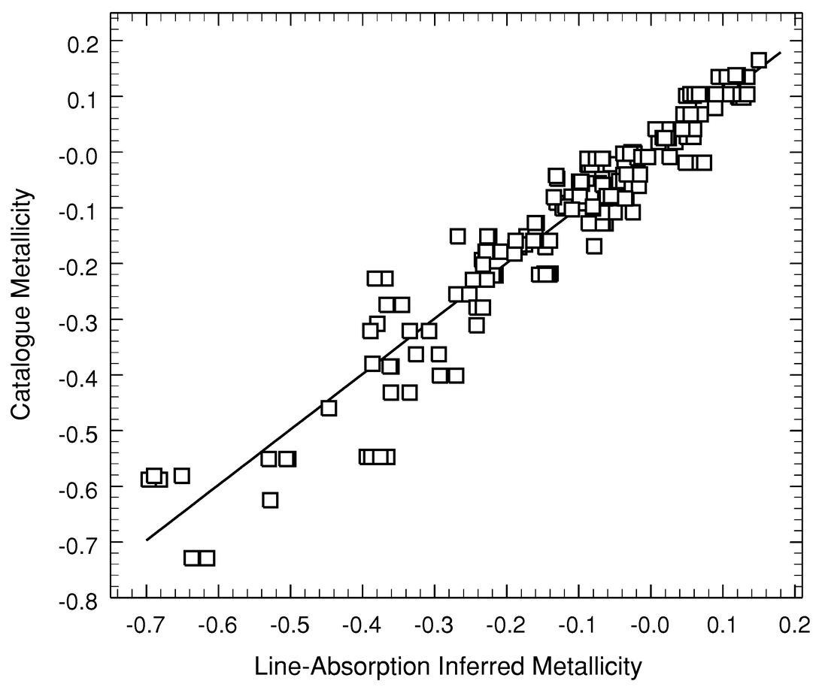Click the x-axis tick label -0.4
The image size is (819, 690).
click(x=362, y=625)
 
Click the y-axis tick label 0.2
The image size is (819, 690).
click(x=84, y=41)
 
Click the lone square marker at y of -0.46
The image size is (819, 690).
click(x=328, y=408)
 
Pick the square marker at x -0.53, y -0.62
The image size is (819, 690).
click(x=270, y=500)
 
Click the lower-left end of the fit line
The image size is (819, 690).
click(x=147, y=539)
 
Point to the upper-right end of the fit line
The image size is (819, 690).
click(x=781, y=53)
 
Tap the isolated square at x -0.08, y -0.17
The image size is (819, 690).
click(x=594, y=246)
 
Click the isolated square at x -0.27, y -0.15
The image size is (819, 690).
click(x=457, y=236)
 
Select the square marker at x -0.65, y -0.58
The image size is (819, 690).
click(x=181, y=475)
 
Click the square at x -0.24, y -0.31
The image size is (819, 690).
click(x=476, y=325)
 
